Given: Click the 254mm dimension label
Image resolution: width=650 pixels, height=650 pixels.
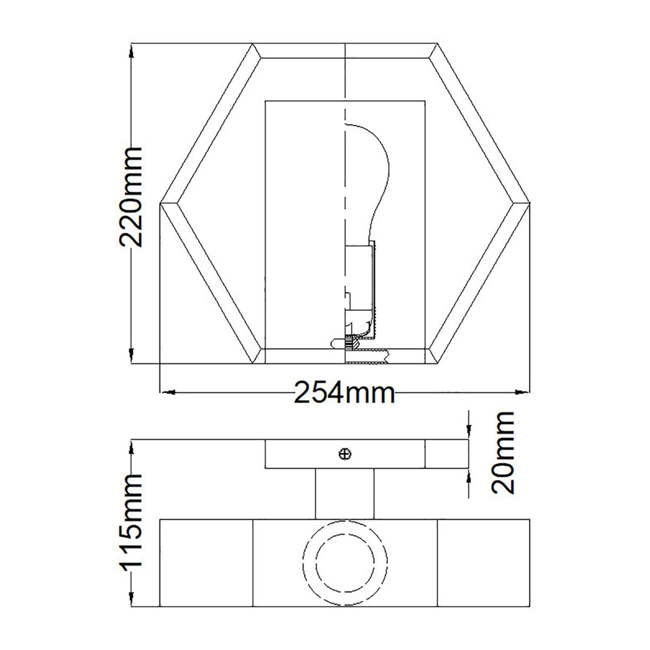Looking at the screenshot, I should coord(344,392).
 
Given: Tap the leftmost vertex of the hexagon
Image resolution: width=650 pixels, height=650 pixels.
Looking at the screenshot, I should coord(161,203).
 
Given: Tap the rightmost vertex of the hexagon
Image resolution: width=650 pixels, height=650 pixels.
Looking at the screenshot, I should coord(529,203).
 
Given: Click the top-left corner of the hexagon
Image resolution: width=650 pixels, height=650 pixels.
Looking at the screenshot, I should coord(253,44).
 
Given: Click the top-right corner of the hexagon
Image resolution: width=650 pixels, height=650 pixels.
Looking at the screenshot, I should coord(437,44).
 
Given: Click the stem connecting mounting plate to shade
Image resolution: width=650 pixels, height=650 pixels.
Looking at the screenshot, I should coord(344,493).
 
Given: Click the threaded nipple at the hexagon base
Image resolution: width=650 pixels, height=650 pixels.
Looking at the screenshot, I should coord(368,356).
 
